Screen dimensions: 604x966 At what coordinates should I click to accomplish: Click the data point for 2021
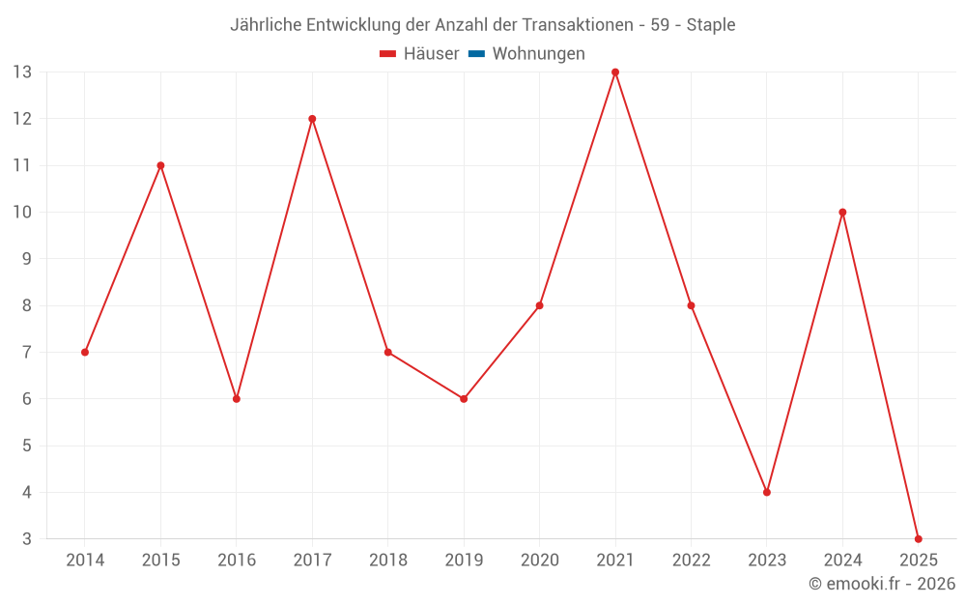pos(615,72)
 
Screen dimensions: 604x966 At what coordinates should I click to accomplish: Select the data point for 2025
pos(918,538)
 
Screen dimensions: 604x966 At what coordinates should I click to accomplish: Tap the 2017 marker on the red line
pos(312,119)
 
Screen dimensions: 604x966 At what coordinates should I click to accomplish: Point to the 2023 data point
pos(767,492)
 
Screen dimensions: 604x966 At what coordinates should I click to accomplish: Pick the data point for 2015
pos(160,165)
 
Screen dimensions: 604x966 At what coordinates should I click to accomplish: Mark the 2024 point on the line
pos(842,212)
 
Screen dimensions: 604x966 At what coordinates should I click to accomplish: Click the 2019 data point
pos(464,398)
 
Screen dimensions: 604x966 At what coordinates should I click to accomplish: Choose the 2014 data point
pos(85,352)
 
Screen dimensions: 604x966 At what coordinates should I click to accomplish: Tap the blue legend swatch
pos(476,54)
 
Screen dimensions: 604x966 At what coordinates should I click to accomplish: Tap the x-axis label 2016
pos(237,561)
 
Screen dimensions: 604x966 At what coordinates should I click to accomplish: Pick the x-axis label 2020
pos(539,561)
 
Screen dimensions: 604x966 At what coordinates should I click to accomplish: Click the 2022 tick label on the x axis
pos(691,561)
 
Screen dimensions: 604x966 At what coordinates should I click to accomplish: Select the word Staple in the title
pos(711,25)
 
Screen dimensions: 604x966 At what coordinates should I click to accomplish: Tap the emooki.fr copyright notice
pos(882,584)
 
